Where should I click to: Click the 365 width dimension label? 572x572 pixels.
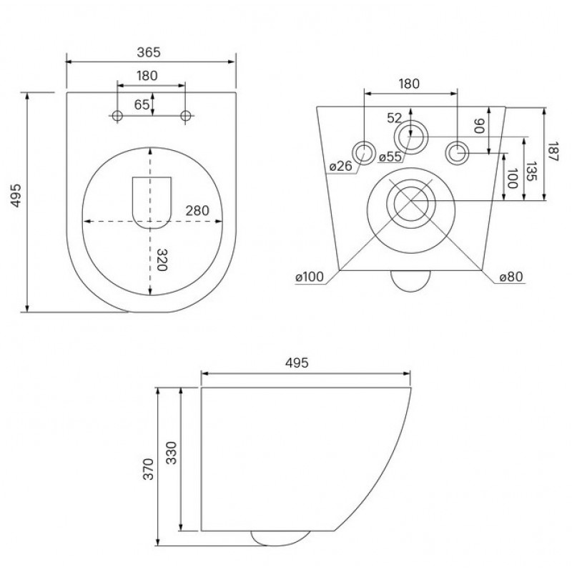(149, 52)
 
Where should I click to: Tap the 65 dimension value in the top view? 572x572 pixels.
(142, 104)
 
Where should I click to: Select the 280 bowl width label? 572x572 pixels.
(197, 211)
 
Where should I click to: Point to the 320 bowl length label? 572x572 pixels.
(162, 260)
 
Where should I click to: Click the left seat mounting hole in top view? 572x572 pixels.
(117, 116)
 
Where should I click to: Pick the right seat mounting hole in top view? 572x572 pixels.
(186, 116)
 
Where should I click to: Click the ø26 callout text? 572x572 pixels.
(341, 167)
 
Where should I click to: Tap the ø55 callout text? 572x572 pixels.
(390, 157)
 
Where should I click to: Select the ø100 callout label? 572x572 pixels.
(310, 277)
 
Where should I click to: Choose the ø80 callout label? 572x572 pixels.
(511, 277)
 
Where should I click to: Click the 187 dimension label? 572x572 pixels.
(553, 152)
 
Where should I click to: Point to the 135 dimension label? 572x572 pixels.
(532, 172)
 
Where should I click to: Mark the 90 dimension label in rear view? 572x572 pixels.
(479, 127)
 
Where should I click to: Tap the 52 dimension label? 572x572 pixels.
(395, 118)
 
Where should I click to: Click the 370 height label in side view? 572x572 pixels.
(148, 469)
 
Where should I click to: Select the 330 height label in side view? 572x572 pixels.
(171, 453)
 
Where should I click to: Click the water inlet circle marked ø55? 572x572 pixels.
(410, 137)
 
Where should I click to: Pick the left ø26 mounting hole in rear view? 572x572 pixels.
(364, 153)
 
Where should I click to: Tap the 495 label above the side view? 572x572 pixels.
(297, 363)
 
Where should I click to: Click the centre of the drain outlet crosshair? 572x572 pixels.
(411, 201)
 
